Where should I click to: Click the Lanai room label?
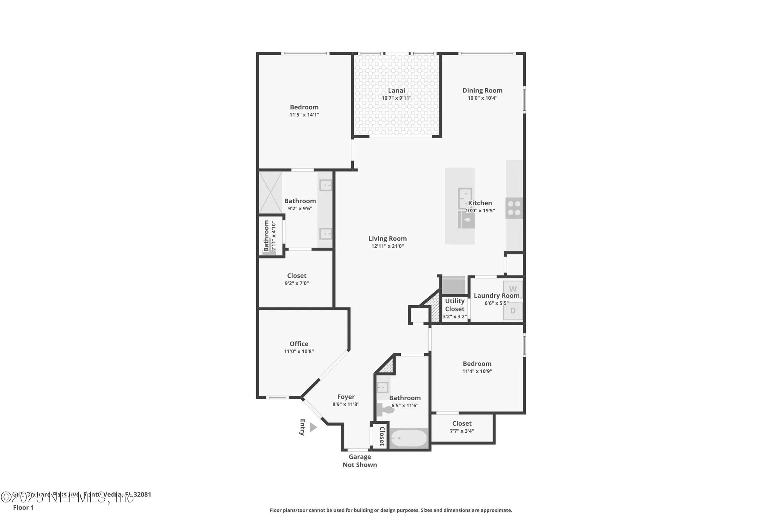(x=396, y=91)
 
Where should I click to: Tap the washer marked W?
(x=513, y=289)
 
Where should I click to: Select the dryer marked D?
(x=513, y=311)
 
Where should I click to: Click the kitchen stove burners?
(x=514, y=208)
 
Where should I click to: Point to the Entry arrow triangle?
(x=313, y=427)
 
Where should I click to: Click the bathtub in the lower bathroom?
(x=409, y=439)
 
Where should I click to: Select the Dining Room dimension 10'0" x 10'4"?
(x=482, y=98)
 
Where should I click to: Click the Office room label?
(x=299, y=344)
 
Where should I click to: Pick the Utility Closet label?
(x=454, y=305)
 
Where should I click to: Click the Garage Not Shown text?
(x=360, y=461)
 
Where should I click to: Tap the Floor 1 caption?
(x=23, y=507)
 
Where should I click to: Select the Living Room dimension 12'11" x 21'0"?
(x=387, y=246)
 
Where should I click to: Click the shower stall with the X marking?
(x=270, y=193)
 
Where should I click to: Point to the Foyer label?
(x=346, y=397)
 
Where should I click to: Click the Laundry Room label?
(x=497, y=295)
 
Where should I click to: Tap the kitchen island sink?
(x=465, y=199)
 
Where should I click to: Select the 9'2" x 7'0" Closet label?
(x=296, y=276)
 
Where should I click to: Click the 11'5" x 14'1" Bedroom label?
(x=304, y=107)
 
